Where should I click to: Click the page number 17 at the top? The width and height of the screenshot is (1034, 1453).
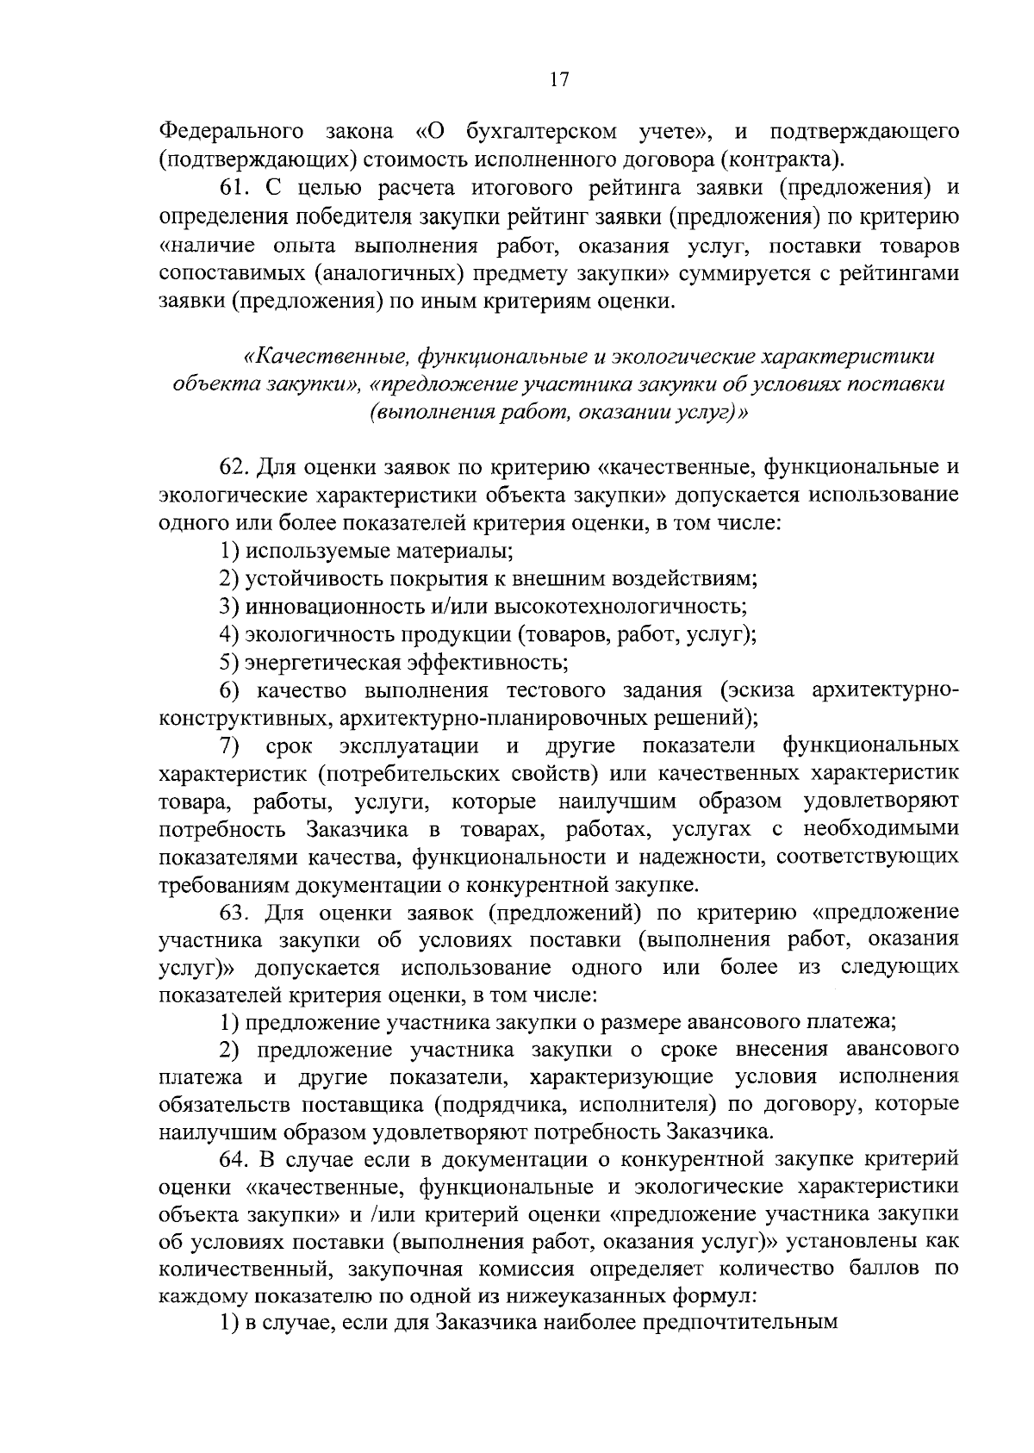click(558, 79)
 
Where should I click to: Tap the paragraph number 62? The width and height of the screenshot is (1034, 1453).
click(234, 468)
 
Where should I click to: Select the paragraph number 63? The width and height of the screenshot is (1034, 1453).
click(234, 913)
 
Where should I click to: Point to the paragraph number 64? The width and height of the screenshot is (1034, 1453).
click(234, 1157)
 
